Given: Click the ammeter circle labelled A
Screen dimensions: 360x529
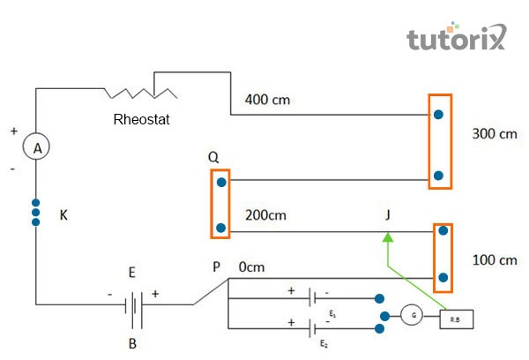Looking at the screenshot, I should click(x=37, y=148).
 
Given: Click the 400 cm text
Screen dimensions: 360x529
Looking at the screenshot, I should click(x=269, y=99).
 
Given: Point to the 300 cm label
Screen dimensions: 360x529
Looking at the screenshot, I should click(x=495, y=135).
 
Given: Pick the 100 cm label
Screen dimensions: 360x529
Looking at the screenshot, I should click(x=495, y=261).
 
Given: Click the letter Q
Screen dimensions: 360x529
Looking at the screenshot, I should click(x=213, y=156).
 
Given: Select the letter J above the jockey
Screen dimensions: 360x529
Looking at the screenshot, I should click(x=388, y=214).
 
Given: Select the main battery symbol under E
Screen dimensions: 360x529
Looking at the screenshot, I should click(x=132, y=304).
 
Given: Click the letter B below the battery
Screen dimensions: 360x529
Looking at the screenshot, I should click(x=132, y=344).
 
